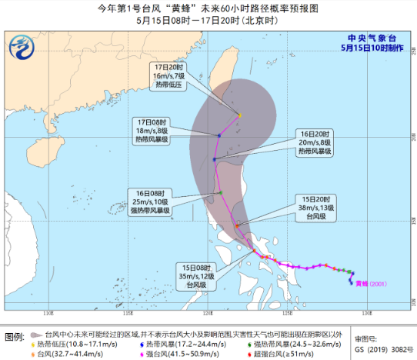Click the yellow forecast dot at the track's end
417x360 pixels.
pyautogui.click(x=240, y=115)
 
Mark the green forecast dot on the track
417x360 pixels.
pyautogui.click(x=220, y=192)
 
